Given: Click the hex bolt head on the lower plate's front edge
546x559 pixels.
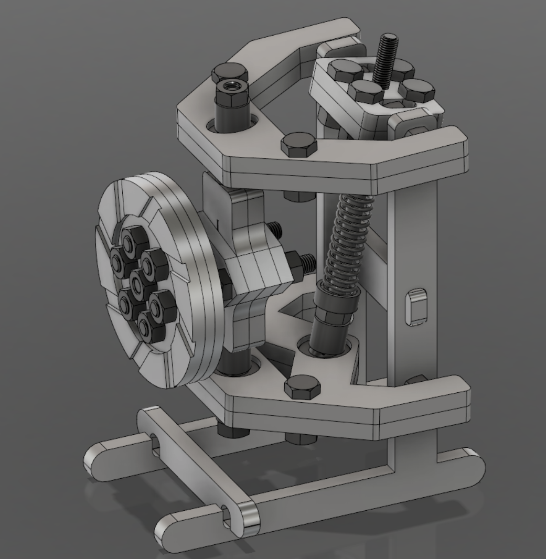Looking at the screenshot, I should coord(302,386).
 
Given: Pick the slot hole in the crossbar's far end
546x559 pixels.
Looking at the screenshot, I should coord(154,442).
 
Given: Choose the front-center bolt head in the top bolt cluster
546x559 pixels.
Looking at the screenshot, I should coord(366,92).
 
